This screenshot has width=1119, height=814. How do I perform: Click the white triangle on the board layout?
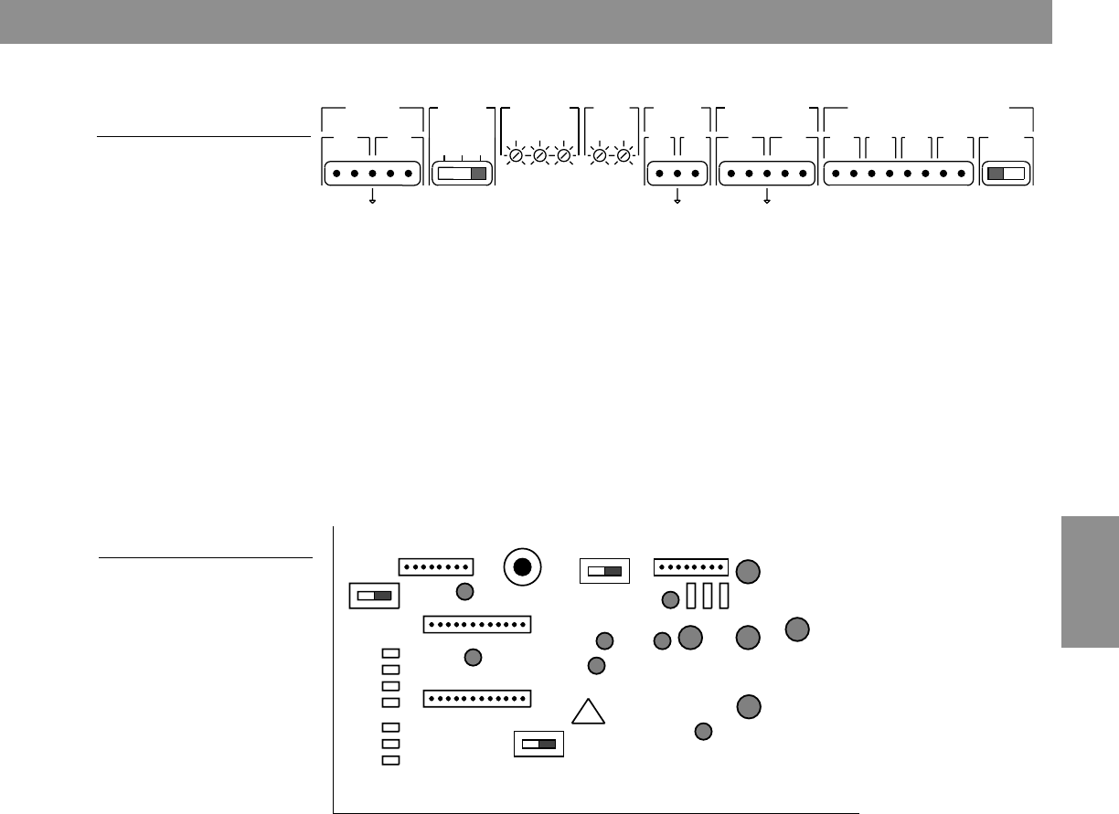(590, 714)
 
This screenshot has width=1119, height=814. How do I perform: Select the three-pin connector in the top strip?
(677, 174)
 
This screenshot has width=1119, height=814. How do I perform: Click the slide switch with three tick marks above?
(462, 174)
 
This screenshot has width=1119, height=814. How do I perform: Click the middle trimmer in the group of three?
(539, 157)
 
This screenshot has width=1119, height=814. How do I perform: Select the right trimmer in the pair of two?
(623, 157)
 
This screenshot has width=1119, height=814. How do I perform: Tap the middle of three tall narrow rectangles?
(707, 596)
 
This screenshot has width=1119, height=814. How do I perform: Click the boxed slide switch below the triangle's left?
(539, 745)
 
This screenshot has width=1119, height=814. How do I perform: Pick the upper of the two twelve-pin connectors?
(477, 625)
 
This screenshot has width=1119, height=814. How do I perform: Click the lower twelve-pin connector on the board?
(477, 699)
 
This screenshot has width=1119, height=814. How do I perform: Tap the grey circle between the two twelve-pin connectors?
(473, 657)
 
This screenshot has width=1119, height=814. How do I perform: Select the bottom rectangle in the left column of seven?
(390, 760)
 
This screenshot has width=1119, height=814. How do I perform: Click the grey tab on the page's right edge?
(1091, 581)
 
